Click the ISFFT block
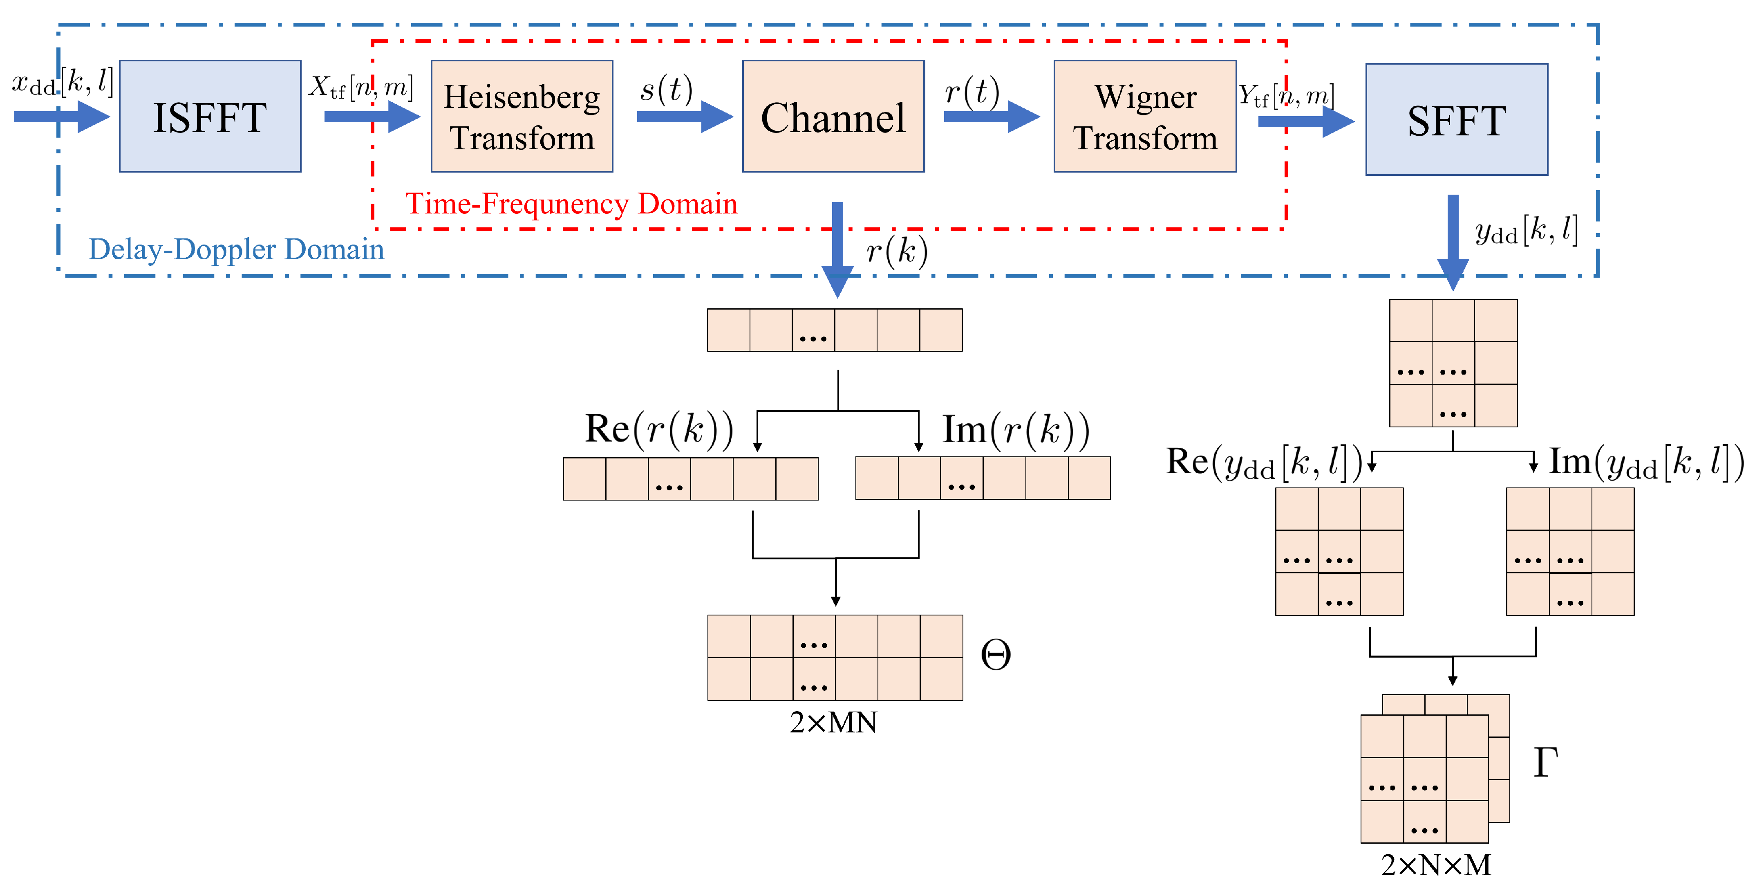210,117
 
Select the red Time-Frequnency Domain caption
571,204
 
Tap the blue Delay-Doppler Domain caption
236,249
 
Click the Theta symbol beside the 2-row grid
995,655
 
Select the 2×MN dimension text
833,723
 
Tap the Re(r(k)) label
659,429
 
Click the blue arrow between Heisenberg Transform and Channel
684,117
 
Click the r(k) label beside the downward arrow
897,252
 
